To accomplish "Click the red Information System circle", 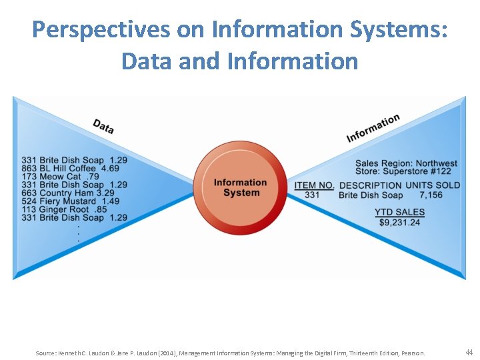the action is [241, 187].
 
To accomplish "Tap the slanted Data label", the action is [103, 126].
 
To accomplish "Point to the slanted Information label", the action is [373, 128].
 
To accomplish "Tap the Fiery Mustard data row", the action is [70, 201].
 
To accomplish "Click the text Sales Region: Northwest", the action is [406, 163].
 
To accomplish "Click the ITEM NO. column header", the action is [314, 185].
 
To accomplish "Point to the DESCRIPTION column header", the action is [371, 185].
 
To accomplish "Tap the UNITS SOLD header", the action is [433, 185].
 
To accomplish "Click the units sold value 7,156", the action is [431, 195].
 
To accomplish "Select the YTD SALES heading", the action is [399, 212].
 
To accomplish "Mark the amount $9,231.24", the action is [399, 222].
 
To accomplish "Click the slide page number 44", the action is [469, 351].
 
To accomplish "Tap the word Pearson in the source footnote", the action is [411, 353].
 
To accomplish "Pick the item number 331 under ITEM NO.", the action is [312, 195].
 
